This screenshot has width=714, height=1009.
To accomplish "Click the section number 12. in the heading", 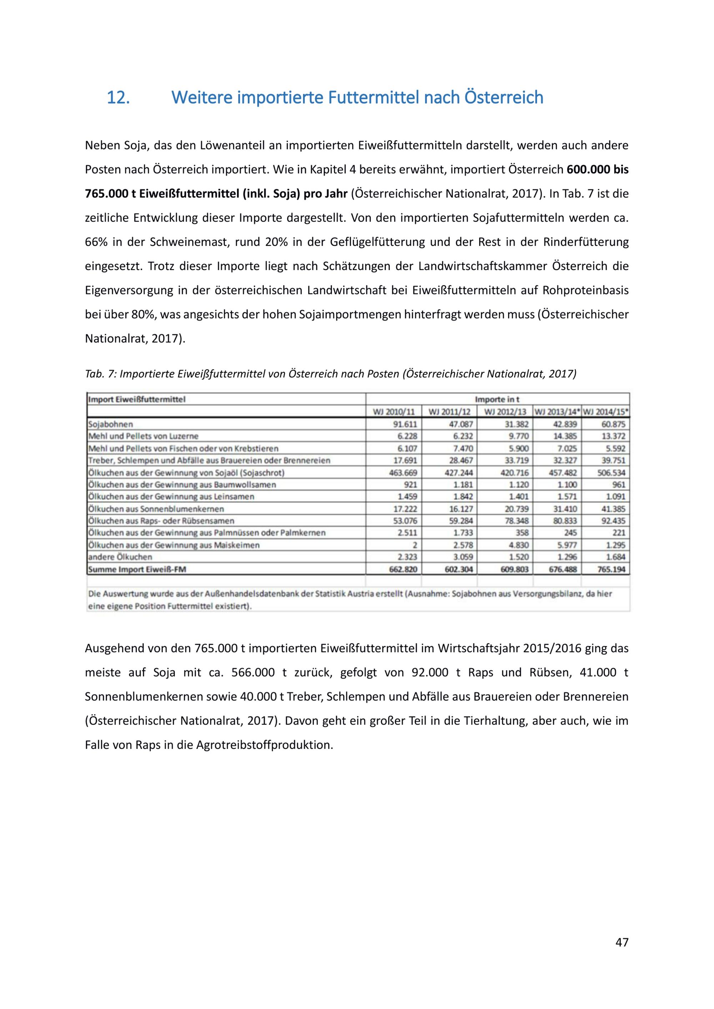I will pyautogui.click(x=118, y=97).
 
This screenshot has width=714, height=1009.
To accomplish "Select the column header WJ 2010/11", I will pyautogui.click(x=393, y=412).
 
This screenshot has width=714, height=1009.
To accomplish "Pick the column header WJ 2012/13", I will pyautogui.click(x=505, y=412).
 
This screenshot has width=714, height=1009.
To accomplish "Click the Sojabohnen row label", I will pyautogui.click(x=111, y=425).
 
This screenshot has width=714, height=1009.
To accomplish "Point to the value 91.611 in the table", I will pyautogui.click(x=404, y=425).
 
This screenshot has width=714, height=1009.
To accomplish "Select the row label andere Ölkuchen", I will pyautogui.click(x=120, y=557).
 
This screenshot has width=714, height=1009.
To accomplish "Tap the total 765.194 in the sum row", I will pyautogui.click(x=611, y=569).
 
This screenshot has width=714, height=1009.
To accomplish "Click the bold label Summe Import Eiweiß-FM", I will pyautogui.click(x=137, y=569).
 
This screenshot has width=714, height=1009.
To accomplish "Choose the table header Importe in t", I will pyautogui.click(x=497, y=400).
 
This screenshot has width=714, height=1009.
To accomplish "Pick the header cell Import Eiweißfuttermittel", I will pyautogui.click(x=137, y=400).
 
